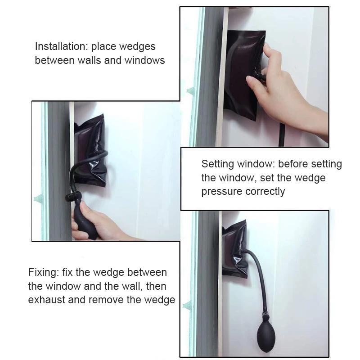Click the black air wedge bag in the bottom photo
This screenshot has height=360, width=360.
click(234, 249)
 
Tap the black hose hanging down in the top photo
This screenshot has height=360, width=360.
click(282, 135)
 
